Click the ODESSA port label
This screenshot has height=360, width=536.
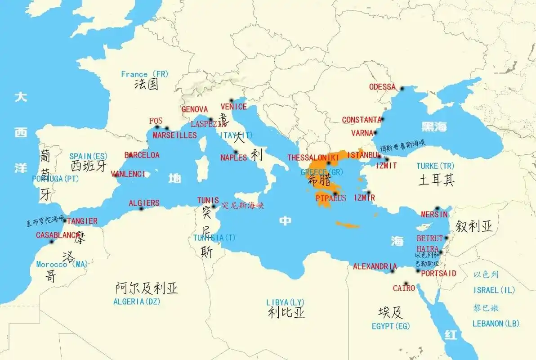point(382,87)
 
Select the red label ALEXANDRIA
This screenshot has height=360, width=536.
point(375,266)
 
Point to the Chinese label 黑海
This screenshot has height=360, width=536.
point(434,126)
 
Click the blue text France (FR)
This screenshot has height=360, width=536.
point(144,74)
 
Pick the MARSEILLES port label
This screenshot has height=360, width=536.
point(174,135)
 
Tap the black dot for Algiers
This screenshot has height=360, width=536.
point(142,208)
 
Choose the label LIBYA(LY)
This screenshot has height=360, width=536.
point(286,302)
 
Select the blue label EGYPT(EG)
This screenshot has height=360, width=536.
point(391,326)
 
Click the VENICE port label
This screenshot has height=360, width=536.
point(234,107)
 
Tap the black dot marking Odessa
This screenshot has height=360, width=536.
point(402,89)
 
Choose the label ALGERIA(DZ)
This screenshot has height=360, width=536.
point(137,301)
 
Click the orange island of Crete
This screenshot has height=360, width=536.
point(348,225)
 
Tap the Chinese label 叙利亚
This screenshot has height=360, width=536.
point(474,226)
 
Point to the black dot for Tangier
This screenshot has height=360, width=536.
point(65,220)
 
